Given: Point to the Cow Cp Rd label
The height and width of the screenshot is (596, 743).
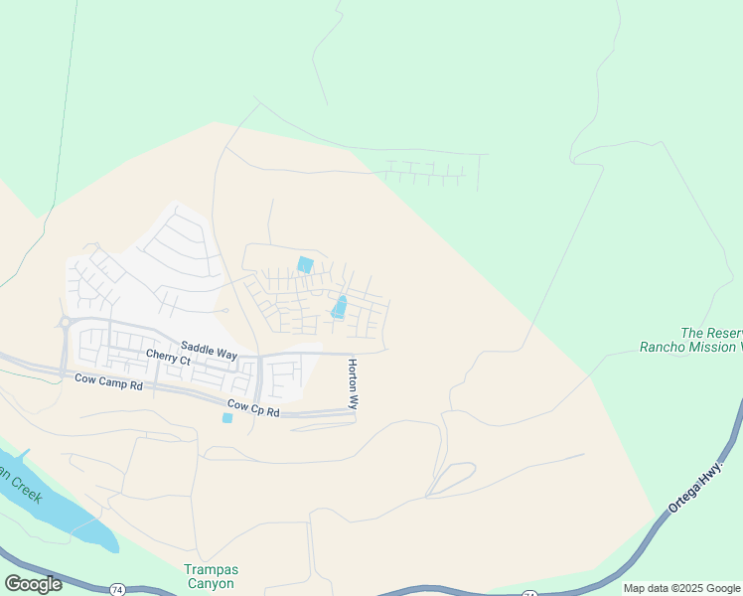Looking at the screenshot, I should click(252, 407).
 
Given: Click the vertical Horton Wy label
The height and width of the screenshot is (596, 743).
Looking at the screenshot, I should click(352, 385).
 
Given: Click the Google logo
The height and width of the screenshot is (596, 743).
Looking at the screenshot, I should click(33, 584).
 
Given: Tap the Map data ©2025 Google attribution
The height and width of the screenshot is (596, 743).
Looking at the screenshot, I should click(681, 588).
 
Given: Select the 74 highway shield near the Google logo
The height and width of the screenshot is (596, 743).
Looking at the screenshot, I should click(117, 589).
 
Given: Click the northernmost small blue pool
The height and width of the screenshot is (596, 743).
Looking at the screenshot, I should click(305, 265).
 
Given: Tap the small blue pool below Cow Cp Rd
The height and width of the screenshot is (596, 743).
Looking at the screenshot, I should click(227, 418).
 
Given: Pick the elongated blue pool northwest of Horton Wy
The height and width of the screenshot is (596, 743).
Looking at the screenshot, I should click(339, 307).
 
